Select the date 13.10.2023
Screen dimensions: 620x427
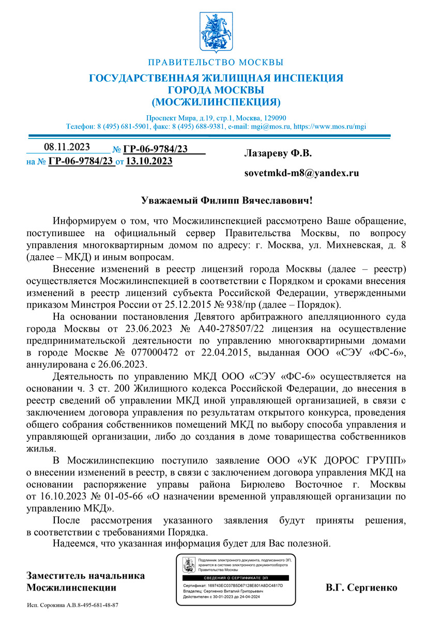pos(149,161)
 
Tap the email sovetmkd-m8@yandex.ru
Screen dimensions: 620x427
pos(301,173)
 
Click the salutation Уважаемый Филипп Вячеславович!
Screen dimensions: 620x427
pos(227,199)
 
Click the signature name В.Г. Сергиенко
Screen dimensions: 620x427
pos(361,587)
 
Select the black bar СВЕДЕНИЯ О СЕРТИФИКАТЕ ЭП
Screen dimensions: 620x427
pos(233,578)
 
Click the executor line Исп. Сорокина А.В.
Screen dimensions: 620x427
pos(72,605)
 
